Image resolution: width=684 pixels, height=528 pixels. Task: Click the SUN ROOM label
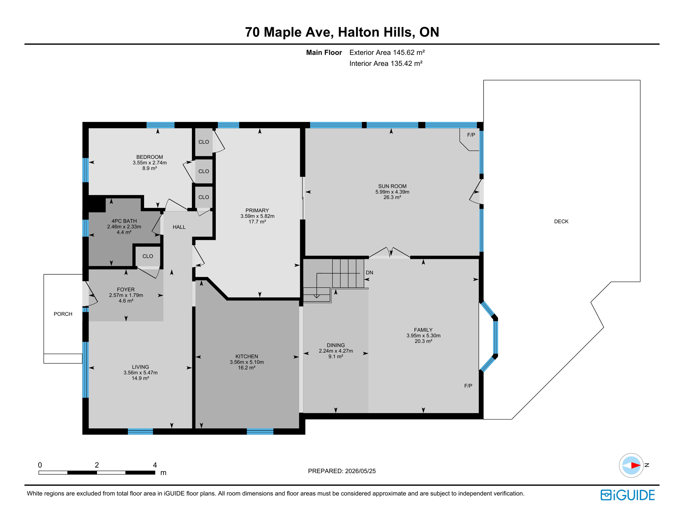392,186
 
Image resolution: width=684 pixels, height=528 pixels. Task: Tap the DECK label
561,221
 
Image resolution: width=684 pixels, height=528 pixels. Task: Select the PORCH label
63,314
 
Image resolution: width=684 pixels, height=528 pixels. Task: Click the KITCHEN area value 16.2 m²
247,368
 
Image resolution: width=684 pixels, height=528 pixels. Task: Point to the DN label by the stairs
370,273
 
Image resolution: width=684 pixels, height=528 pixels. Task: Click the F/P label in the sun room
471,135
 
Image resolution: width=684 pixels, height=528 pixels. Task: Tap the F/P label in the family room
468,386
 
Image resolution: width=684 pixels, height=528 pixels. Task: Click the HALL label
179,227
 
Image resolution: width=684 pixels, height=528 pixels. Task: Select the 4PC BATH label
124,221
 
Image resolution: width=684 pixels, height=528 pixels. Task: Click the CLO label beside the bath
148,256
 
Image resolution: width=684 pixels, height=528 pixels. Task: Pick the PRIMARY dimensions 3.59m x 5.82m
257,216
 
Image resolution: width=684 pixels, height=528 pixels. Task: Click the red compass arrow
635,465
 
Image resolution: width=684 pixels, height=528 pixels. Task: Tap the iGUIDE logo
628,495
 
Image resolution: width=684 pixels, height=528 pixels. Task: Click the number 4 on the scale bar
155,465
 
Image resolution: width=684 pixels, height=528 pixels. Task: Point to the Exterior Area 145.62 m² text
387,53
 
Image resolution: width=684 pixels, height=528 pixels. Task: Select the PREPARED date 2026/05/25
360,471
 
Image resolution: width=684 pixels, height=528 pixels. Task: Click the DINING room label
336,345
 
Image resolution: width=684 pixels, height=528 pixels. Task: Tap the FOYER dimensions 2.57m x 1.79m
126,295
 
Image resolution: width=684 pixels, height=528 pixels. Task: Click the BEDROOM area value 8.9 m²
150,168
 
